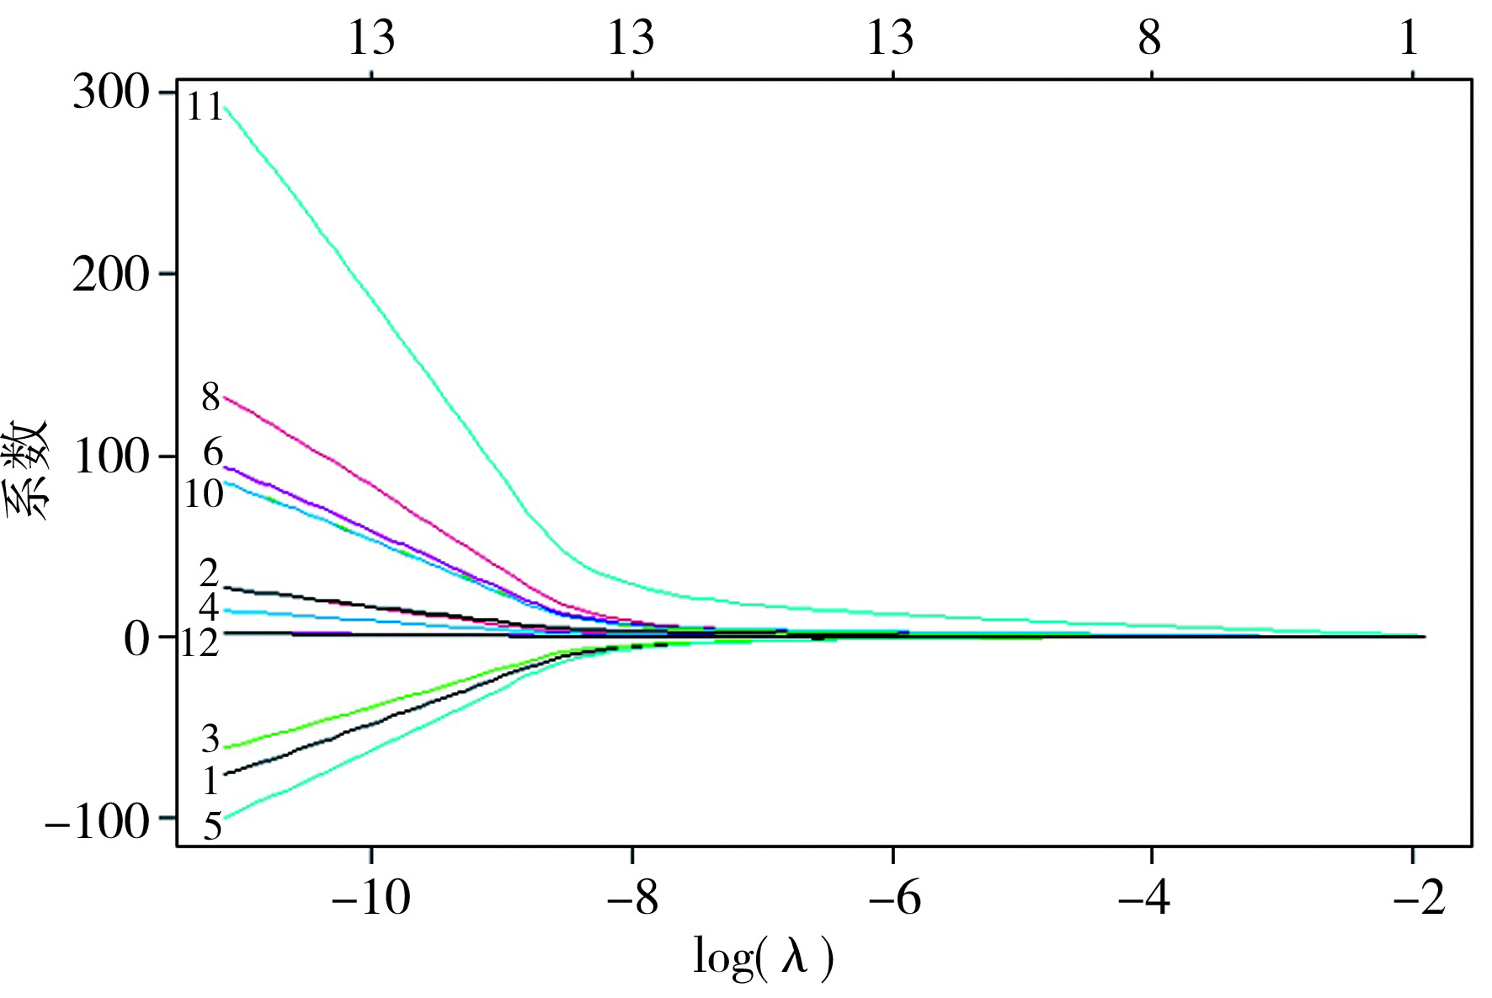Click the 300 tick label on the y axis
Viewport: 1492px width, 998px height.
[x=111, y=93]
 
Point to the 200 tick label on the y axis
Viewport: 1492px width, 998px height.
[x=111, y=275]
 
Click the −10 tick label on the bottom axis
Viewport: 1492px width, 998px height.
[x=370, y=898]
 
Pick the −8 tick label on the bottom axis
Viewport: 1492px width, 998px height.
[x=631, y=898]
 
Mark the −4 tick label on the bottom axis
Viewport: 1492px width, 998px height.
[x=1151, y=898]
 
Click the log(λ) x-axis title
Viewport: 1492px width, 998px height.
[x=763, y=958]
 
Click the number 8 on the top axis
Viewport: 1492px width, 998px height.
[x=1150, y=38]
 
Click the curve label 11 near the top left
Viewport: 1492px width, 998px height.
[x=205, y=108]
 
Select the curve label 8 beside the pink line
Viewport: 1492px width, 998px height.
[x=210, y=396]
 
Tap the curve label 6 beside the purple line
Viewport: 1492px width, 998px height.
[x=213, y=454]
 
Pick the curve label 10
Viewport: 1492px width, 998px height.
[x=203, y=494]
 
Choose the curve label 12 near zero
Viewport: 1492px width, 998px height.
[x=200, y=644]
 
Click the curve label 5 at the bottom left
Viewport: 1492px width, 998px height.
[x=213, y=827]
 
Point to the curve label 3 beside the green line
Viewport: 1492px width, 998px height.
[x=210, y=739]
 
